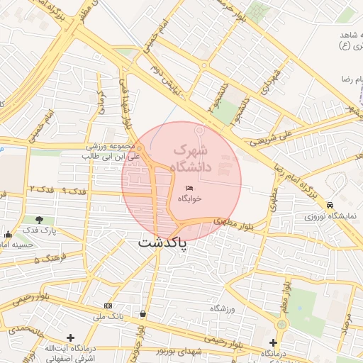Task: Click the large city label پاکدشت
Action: coord(162,243)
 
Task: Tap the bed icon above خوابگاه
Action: coord(189,187)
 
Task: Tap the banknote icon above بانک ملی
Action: coord(108,306)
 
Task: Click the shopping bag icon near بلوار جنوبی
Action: coord(143,313)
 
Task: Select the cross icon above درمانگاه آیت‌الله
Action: coord(69,337)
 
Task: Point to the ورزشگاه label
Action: coord(221,309)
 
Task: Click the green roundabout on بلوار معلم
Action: coord(282,324)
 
